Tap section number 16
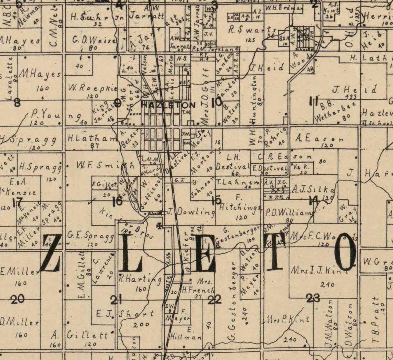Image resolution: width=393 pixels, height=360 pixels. coord(118,201)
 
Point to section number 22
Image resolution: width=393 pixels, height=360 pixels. coord(214,299)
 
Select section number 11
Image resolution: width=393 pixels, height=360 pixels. coord(313,101)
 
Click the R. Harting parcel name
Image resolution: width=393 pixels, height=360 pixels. coord(140,279)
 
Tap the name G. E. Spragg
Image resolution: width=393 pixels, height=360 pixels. coord(90,236)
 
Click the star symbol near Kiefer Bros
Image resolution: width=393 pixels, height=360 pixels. coord(159,226)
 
